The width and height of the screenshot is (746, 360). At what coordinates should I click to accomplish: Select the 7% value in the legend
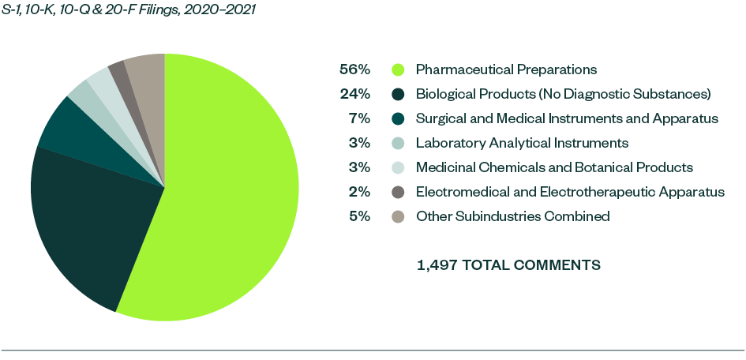[x=359, y=118]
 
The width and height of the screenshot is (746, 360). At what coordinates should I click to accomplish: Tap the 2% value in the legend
[x=359, y=192]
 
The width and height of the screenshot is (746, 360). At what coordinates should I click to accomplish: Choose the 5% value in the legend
[x=359, y=216]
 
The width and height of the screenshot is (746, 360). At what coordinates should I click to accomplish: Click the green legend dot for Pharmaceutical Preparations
[x=399, y=69]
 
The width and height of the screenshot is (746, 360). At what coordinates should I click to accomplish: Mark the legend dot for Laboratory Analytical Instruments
[x=399, y=143]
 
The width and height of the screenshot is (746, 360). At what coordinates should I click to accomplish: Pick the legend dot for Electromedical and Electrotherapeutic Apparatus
[x=399, y=192]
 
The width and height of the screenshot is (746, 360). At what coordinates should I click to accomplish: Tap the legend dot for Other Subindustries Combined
[x=399, y=216]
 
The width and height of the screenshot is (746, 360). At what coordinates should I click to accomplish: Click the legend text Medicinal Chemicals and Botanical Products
[x=554, y=167]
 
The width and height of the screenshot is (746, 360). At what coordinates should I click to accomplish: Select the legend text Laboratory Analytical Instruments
[x=522, y=143]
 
